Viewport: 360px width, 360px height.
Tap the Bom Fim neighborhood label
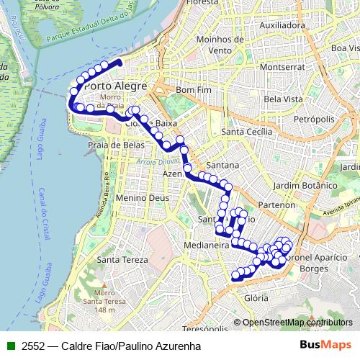pos(191,90)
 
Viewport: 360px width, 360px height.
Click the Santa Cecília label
pos(247,132)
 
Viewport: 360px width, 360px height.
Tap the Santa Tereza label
pos(123,260)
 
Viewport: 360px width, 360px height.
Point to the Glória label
pos(256,297)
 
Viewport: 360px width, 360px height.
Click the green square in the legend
pos(11,346)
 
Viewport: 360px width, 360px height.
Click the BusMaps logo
pos(325,345)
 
